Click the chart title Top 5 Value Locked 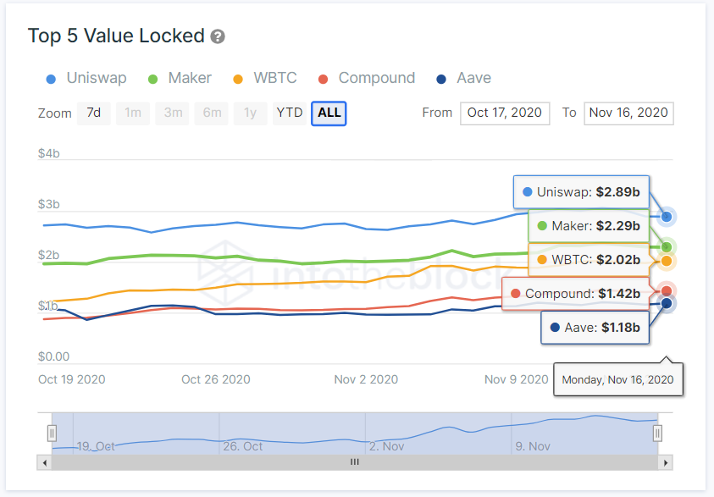coord(116,36)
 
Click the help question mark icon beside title coord(218,36)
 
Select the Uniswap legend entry coord(86,78)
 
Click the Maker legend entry coord(180,78)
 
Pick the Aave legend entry coord(463,78)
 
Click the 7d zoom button coord(94,113)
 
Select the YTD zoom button coord(290,113)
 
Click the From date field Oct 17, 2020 coord(505,113)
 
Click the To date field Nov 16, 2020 coord(628,113)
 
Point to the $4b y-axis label coord(48,153)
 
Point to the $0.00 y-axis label coord(53,356)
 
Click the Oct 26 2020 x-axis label coord(216,379)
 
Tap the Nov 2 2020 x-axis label coord(366,379)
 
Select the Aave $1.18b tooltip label coord(595,327)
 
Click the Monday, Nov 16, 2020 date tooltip coord(617,379)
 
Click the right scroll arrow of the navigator coord(667,462)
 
